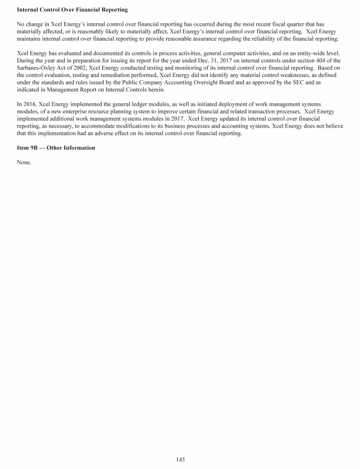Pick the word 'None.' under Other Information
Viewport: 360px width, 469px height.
click(x=24, y=162)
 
